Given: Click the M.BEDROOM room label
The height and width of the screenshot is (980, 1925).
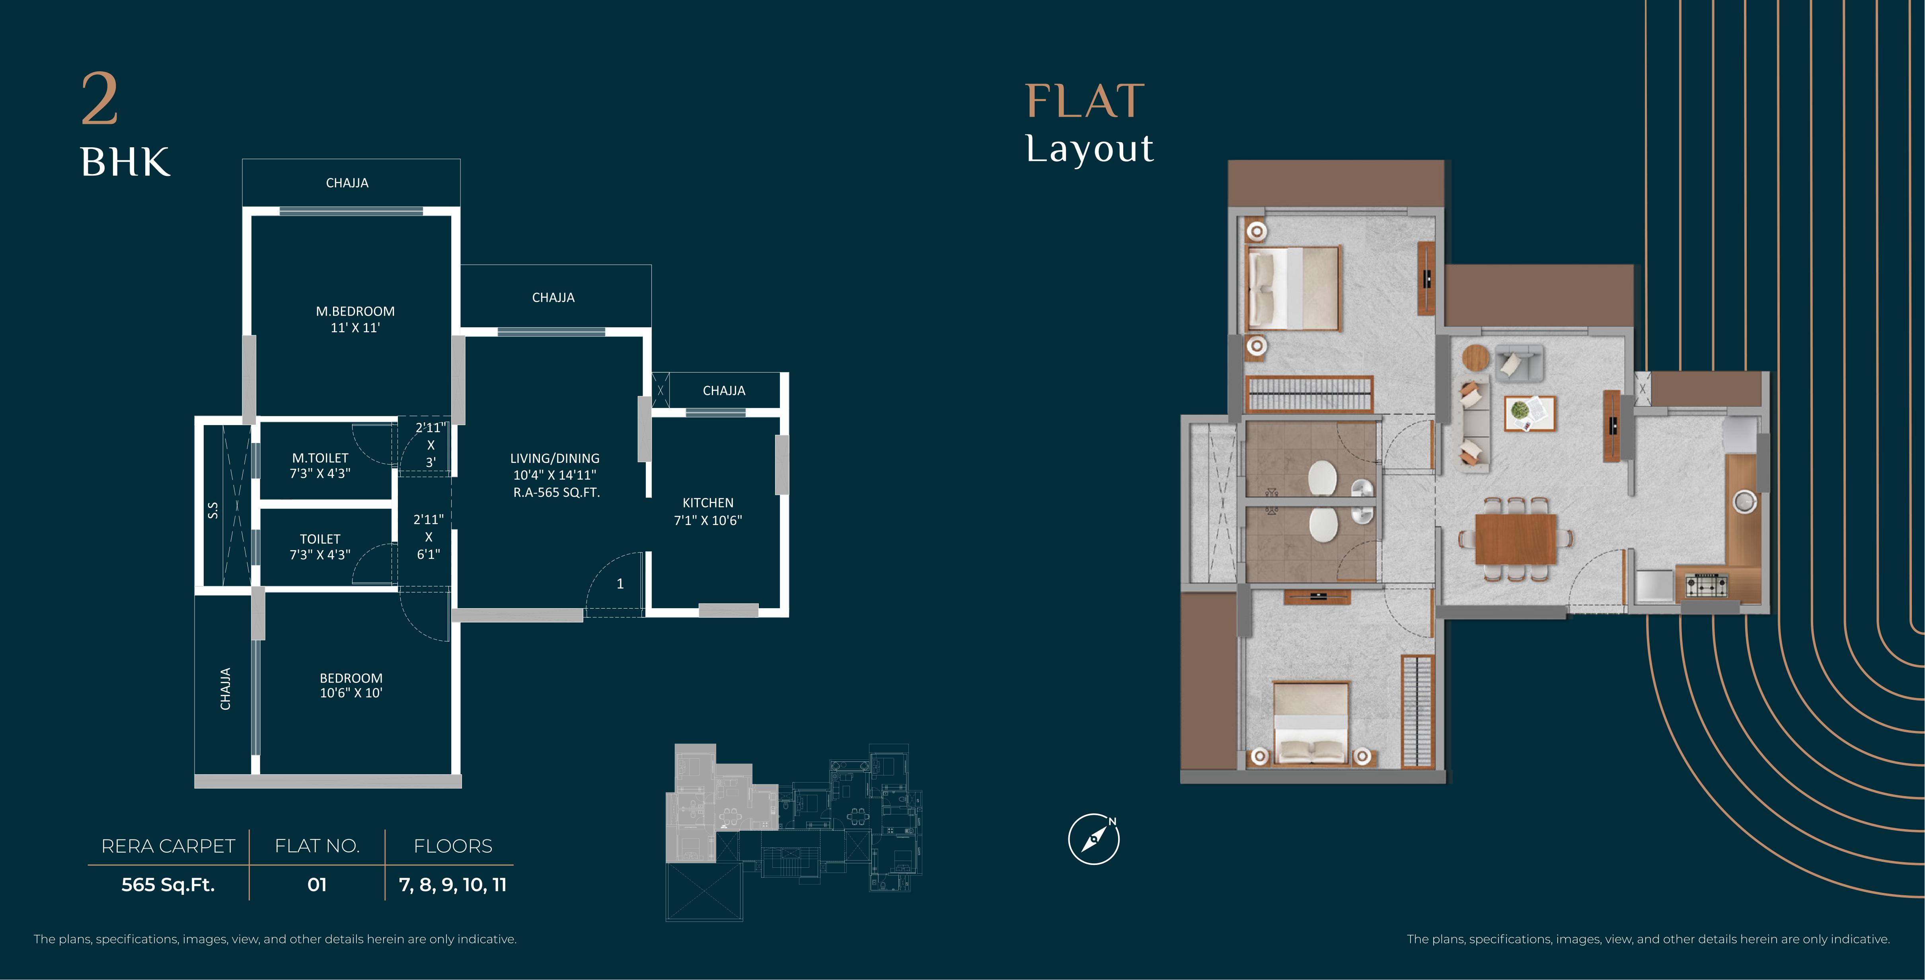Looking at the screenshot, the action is tap(355, 311).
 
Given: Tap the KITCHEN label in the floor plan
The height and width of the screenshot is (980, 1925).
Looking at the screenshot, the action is tap(708, 503).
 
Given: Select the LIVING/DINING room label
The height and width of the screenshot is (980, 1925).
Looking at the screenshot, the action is tap(555, 458).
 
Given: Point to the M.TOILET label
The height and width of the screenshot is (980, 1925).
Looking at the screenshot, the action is tap(320, 457).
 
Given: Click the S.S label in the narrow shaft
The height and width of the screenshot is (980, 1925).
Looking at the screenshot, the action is tap(213, 510).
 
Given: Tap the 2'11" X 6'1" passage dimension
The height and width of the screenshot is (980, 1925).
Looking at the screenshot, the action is tap(428, 537).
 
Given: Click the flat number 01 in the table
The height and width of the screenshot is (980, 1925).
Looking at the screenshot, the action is tap(317, 885).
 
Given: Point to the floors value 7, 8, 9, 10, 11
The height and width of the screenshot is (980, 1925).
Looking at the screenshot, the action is tap(453, 885).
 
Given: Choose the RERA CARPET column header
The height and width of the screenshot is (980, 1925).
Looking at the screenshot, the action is tap(168, 846).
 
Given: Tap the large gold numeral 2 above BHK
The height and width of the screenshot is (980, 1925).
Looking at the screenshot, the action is tap(99, 100).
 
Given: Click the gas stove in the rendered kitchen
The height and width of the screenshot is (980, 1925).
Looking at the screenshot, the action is tap(1707, 585).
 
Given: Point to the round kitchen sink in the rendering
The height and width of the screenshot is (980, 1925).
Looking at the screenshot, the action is tap(1745, 502).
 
